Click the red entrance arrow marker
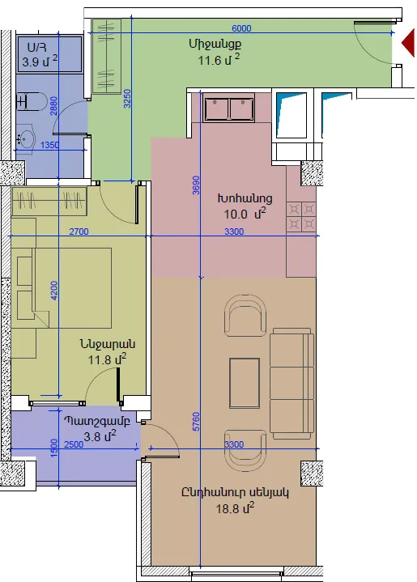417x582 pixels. tap(409, 43)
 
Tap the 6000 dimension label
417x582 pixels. tap(241, 28)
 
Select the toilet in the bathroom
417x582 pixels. tap(32, 102)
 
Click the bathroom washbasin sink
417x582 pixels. tap(25, 139)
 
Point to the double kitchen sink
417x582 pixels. tap(228, 108)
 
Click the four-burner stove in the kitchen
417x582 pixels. tap(301, 217)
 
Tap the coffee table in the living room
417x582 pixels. tap(244, 383)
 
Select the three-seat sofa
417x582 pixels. tap(291, 383)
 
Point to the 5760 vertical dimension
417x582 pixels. tap(196, 421)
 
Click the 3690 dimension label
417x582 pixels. tap(196, 185)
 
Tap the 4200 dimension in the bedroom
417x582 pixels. tap(54, 291)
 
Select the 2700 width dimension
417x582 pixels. tap(79, 232)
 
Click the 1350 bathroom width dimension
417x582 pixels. tap(49, 145)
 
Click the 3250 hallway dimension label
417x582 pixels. tap(127, 99)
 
